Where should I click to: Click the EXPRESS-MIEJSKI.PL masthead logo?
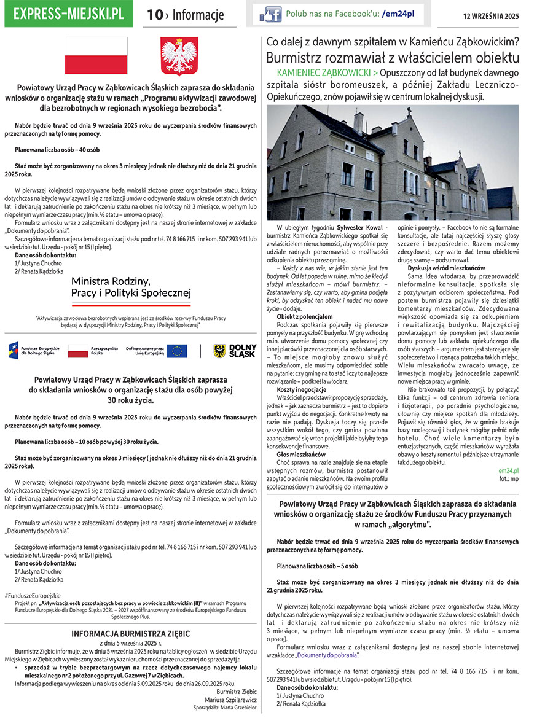pos(68,14)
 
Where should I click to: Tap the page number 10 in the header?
pos(154,15)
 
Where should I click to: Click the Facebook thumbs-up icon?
pos(270,14)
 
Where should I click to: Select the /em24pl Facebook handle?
pos(399,13)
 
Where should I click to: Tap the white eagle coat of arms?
pos(179,57)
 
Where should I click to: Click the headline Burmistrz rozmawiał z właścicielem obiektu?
pos(393,58)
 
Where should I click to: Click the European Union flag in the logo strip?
pos(178,351)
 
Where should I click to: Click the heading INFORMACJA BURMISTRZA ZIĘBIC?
pos(131,634)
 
